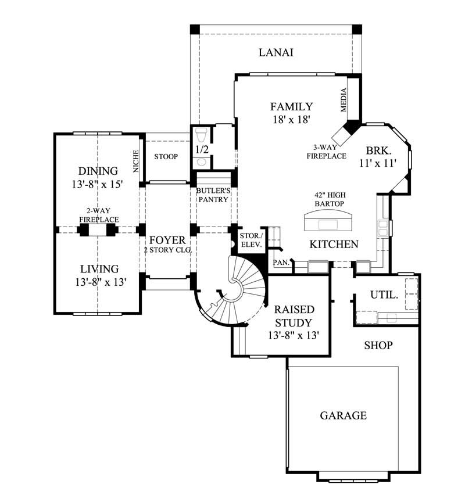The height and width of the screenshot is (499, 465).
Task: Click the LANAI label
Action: pyautogui.click(x=276, y=53)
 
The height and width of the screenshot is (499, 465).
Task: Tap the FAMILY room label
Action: pyautogui.click(x=292, y=107)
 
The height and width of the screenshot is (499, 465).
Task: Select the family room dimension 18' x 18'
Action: pyautogui.click(x=292, y=120)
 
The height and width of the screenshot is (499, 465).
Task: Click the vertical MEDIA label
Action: pyautogui.click(x=344, y=100)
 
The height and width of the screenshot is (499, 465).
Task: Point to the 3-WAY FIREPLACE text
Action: pyautogui.click(x=329, y=152)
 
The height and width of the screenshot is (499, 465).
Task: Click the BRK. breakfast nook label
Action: pyautogui.click(x=378, y=150)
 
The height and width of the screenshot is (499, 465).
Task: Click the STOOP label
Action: pyautogui.click(x=166, y=157)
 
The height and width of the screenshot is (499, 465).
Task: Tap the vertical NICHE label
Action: pyautogui.click(x=136, y=161)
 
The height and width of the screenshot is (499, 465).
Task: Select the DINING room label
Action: pyautogui.click(x=98, y=171)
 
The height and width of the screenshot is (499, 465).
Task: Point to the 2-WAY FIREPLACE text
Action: pyautogui.click(x=99, y=216)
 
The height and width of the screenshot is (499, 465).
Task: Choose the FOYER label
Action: pyautogui.click(x=167, y=240)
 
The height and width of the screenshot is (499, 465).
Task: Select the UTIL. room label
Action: pyautogui.click(x=384, y=295)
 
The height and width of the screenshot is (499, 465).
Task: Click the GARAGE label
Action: pyautogui.click(x=343, y=415)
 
